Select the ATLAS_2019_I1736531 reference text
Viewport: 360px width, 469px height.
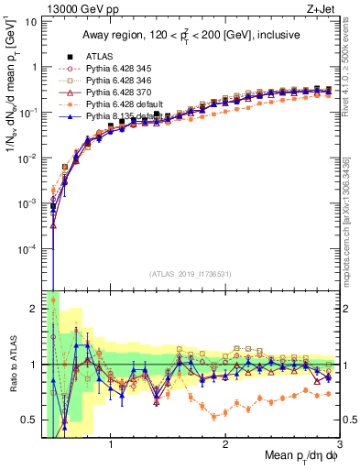pos(190,274)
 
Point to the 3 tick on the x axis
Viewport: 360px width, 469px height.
pos(340,444)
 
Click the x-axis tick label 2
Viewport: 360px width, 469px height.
pos(225,444)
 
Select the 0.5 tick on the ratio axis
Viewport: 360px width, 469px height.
pos(30,420)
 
